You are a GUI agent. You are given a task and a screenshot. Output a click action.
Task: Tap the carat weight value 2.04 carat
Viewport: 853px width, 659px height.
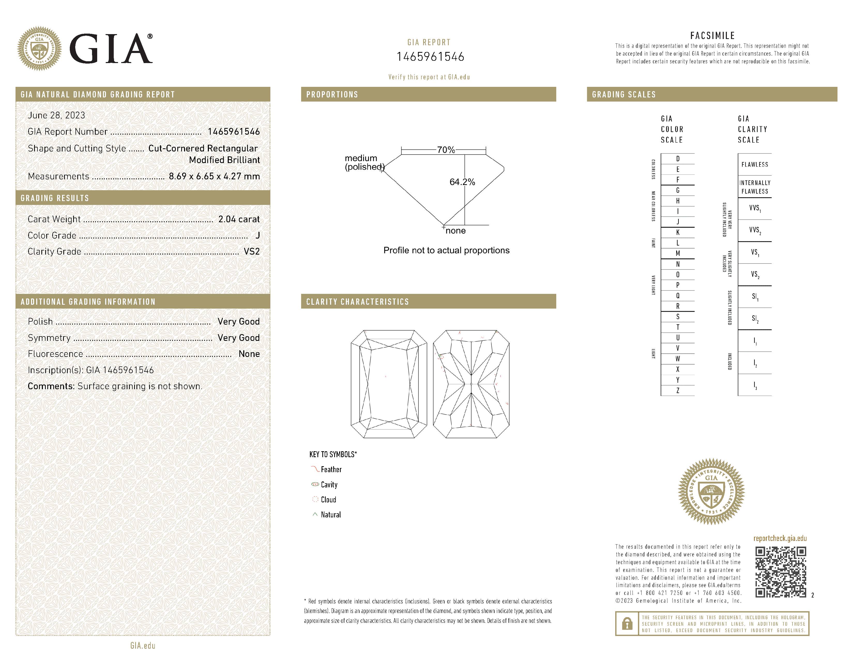coord(239,219)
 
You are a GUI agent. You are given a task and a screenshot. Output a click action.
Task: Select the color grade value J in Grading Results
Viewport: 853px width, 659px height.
coord(257,235)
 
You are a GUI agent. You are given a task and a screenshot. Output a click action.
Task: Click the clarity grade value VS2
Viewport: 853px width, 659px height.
coord(252,251)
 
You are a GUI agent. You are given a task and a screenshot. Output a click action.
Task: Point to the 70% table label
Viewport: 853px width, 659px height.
coord(446,150)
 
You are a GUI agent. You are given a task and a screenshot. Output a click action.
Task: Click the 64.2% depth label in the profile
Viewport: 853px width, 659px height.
coord(462,182)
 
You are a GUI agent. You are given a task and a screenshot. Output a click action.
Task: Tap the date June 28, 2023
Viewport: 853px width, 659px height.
coord(56,115)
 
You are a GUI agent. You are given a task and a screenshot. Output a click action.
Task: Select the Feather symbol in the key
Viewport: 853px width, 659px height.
coord(315,469)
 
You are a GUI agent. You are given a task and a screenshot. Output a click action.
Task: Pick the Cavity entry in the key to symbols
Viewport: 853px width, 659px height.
coord(329,485)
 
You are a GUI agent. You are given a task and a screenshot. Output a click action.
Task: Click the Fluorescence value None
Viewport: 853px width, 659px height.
coord(249,354)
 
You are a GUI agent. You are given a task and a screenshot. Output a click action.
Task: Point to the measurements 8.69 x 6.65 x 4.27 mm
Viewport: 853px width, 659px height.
coord(214,177)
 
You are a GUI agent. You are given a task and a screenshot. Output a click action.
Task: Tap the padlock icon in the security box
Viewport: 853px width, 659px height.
coord(627,624)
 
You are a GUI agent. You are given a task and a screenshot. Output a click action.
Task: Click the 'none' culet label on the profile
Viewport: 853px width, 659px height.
coord(455,231)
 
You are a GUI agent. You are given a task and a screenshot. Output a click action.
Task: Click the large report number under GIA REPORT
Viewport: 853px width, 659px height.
coord(430,57)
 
